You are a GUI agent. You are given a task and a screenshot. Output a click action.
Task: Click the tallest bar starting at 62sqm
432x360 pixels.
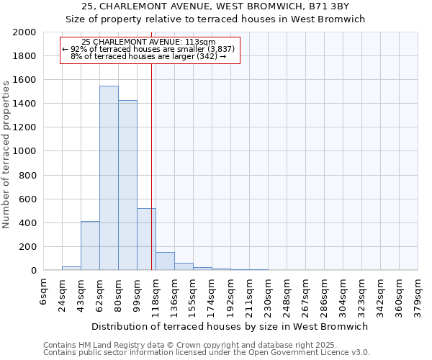pyautogui.click(x=109, y=178)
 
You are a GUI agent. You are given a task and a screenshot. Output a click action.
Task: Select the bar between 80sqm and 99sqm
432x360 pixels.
pyautogui.click(x=127, y=185)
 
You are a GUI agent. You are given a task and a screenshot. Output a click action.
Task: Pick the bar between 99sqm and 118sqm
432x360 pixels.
pyautogui.click(x=146, y=239)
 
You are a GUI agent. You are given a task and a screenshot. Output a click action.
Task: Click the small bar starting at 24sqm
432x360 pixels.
pyautogui.click(x=71, y=268)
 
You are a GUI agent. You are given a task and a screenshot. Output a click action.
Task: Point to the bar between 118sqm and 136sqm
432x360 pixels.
pyautogui.click(x=165, y=261)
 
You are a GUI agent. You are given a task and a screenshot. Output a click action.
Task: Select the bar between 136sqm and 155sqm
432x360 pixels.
pyautogui.click(x=184, y=266)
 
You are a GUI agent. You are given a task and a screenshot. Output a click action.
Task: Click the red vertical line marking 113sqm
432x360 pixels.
pyautogui.click(x=152, y=166)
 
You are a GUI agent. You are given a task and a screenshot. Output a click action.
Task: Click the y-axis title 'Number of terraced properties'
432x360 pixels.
pyautogui.click(x=6, y=155)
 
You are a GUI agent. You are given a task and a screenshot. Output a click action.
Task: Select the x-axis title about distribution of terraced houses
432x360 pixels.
pyautogui.click(x=230, y=326)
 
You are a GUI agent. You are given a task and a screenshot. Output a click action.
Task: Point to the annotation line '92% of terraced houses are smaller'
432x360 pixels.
pyautogui.click(x=149, y=49)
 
